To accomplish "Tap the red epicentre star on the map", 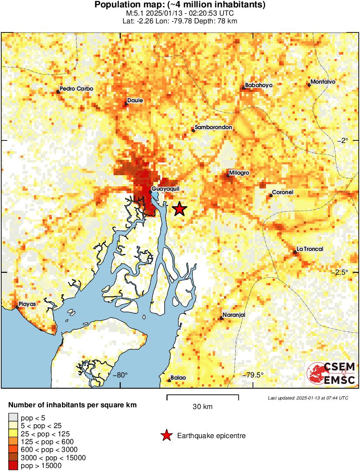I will tap(179, 209).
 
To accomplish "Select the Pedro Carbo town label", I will tap(76, 89).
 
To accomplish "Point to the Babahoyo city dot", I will tap(243, 88).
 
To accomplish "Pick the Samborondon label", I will tap(214, 127).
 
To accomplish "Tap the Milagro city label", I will tap(239, 173).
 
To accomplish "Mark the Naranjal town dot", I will tap(221, 318).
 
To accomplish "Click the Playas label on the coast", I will tap(27, 304).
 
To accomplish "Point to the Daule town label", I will tap(135, 101).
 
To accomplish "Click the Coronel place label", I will tap(283, 192).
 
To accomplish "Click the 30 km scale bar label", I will tap(202, 407).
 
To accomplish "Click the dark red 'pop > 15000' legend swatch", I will tap(13, 466).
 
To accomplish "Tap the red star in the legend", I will tap(166, 435).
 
